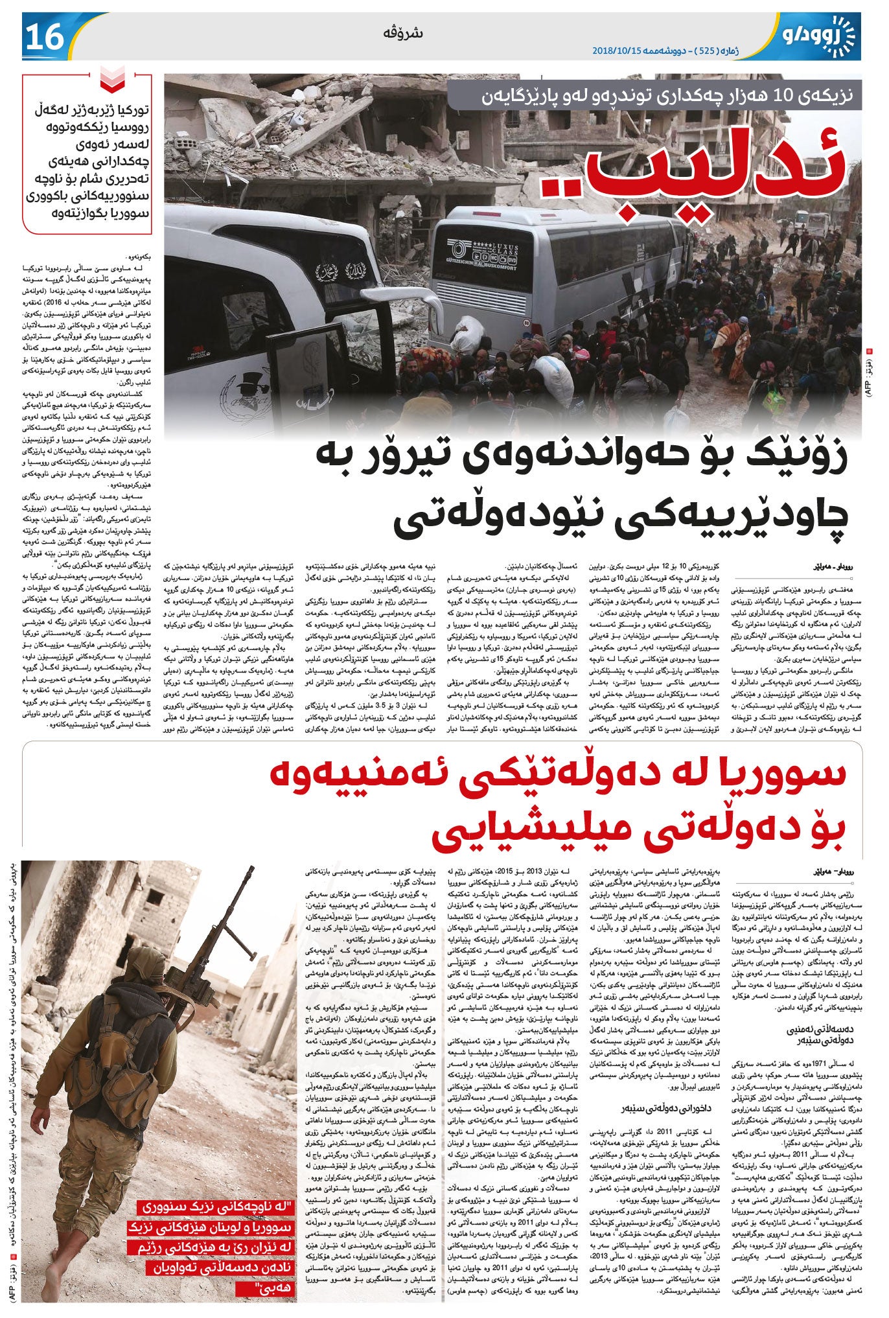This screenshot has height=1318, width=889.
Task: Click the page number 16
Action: pos(44,36)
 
